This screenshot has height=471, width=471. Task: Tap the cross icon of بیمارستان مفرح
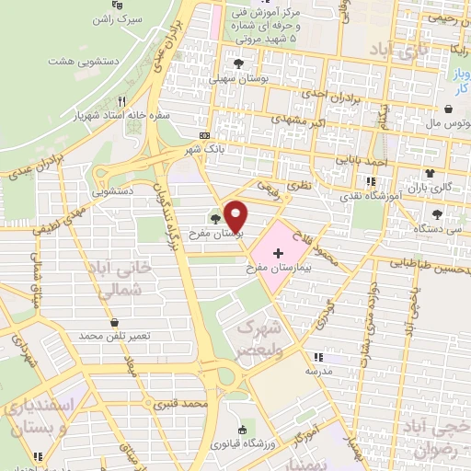click(x=279, y=252)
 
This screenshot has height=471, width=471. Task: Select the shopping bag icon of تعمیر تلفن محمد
click(x=114, y=323)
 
